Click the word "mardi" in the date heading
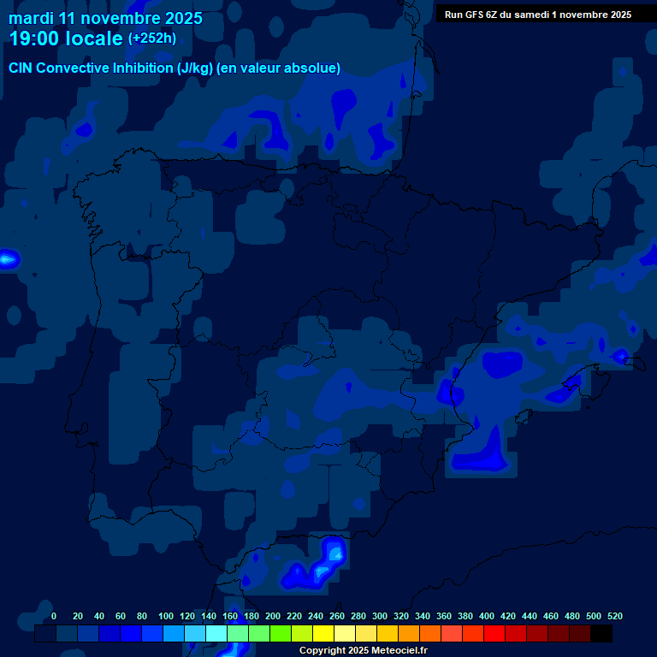coord(31,18)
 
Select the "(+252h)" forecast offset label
coord(152,38)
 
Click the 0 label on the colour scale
coord(54,616)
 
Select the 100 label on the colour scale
coord(166,616)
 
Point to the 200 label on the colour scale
coord(273,616)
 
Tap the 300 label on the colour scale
coord(380,616)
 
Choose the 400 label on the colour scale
coord(487,616)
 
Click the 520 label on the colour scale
coord(614,616)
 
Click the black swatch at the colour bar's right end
coord(601,634)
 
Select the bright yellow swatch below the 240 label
coord(323,634)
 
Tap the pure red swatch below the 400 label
coord(494,634)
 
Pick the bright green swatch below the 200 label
coord(281,634)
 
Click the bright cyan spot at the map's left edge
coord(8,257)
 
